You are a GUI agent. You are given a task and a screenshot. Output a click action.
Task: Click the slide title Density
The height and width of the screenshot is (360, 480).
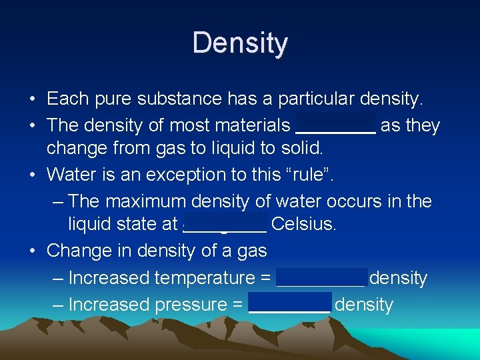pyautogui.click(x=240, y=43)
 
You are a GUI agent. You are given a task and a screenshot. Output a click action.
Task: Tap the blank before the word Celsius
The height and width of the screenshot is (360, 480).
pyautogui.click(x=225, y=224)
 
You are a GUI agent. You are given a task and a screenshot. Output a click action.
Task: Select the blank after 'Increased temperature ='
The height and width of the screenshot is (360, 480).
pyautogui.click(x=321, y=278)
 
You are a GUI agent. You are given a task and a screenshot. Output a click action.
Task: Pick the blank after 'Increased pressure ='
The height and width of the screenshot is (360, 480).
pyautogui.click(x=289, y=305)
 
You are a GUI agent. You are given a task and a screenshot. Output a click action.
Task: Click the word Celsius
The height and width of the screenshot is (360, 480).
pyautogui.click(x=303, y=224)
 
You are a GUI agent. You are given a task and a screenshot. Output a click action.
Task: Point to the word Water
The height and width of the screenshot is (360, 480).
pyautogui.click(x=71, y=175)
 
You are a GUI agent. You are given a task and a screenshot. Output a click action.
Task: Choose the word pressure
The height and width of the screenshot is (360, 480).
pyautogui.click(x=191, y=305)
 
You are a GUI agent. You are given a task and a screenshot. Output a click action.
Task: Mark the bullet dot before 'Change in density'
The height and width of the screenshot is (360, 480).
pyautogui.click(x=33, y=251)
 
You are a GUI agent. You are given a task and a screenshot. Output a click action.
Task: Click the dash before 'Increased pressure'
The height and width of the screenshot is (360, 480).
pyautogui.click(x=57, y=305)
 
